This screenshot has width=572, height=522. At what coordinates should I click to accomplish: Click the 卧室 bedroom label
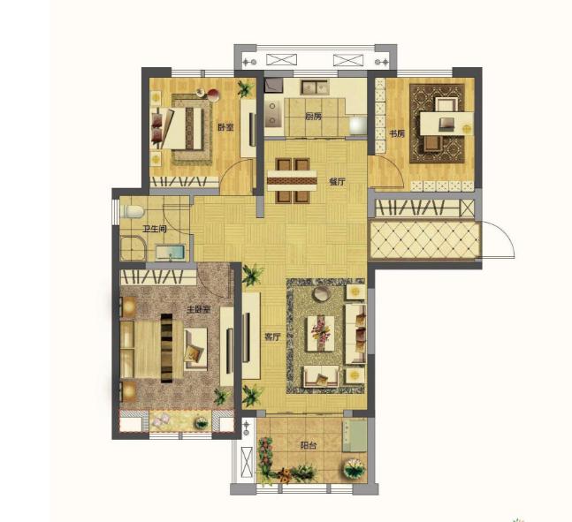(x=225, y=127)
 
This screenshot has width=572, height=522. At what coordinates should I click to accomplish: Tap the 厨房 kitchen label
(x=314, y=117)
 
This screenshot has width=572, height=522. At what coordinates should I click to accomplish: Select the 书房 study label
(x=397, y=133)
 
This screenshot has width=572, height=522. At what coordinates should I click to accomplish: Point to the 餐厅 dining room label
(x=337, y=182)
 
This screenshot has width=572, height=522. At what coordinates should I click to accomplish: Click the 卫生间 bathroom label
(x=155, y=229)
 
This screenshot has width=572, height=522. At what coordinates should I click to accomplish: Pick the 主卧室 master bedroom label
(x=198, y=310)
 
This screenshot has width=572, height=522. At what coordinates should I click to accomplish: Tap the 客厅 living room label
(x=272, y=337)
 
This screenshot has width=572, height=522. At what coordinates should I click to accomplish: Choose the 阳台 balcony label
(x=309, y=445)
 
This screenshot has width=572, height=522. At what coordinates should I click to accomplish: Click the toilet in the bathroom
(x=133, y=211)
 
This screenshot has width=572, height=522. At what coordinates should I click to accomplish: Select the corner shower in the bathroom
(x=133, y=248)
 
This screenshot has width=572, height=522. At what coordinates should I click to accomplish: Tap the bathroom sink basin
(x=170, y=253)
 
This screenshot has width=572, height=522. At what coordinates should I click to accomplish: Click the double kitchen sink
(x=315, y=87)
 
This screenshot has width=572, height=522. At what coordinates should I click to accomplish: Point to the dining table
(x=293, y=180)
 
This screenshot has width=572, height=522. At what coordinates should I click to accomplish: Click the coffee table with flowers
(x=321, y=334)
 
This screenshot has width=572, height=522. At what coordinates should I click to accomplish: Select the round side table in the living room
(x=322, y=294)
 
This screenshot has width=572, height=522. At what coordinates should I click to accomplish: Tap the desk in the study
(x=446, y=124)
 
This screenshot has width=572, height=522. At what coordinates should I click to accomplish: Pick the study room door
(x=387, y=173)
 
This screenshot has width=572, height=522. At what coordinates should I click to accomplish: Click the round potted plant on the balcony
(x=355, y=468)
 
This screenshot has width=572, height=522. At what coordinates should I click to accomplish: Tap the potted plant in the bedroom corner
(x=246, y=88)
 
